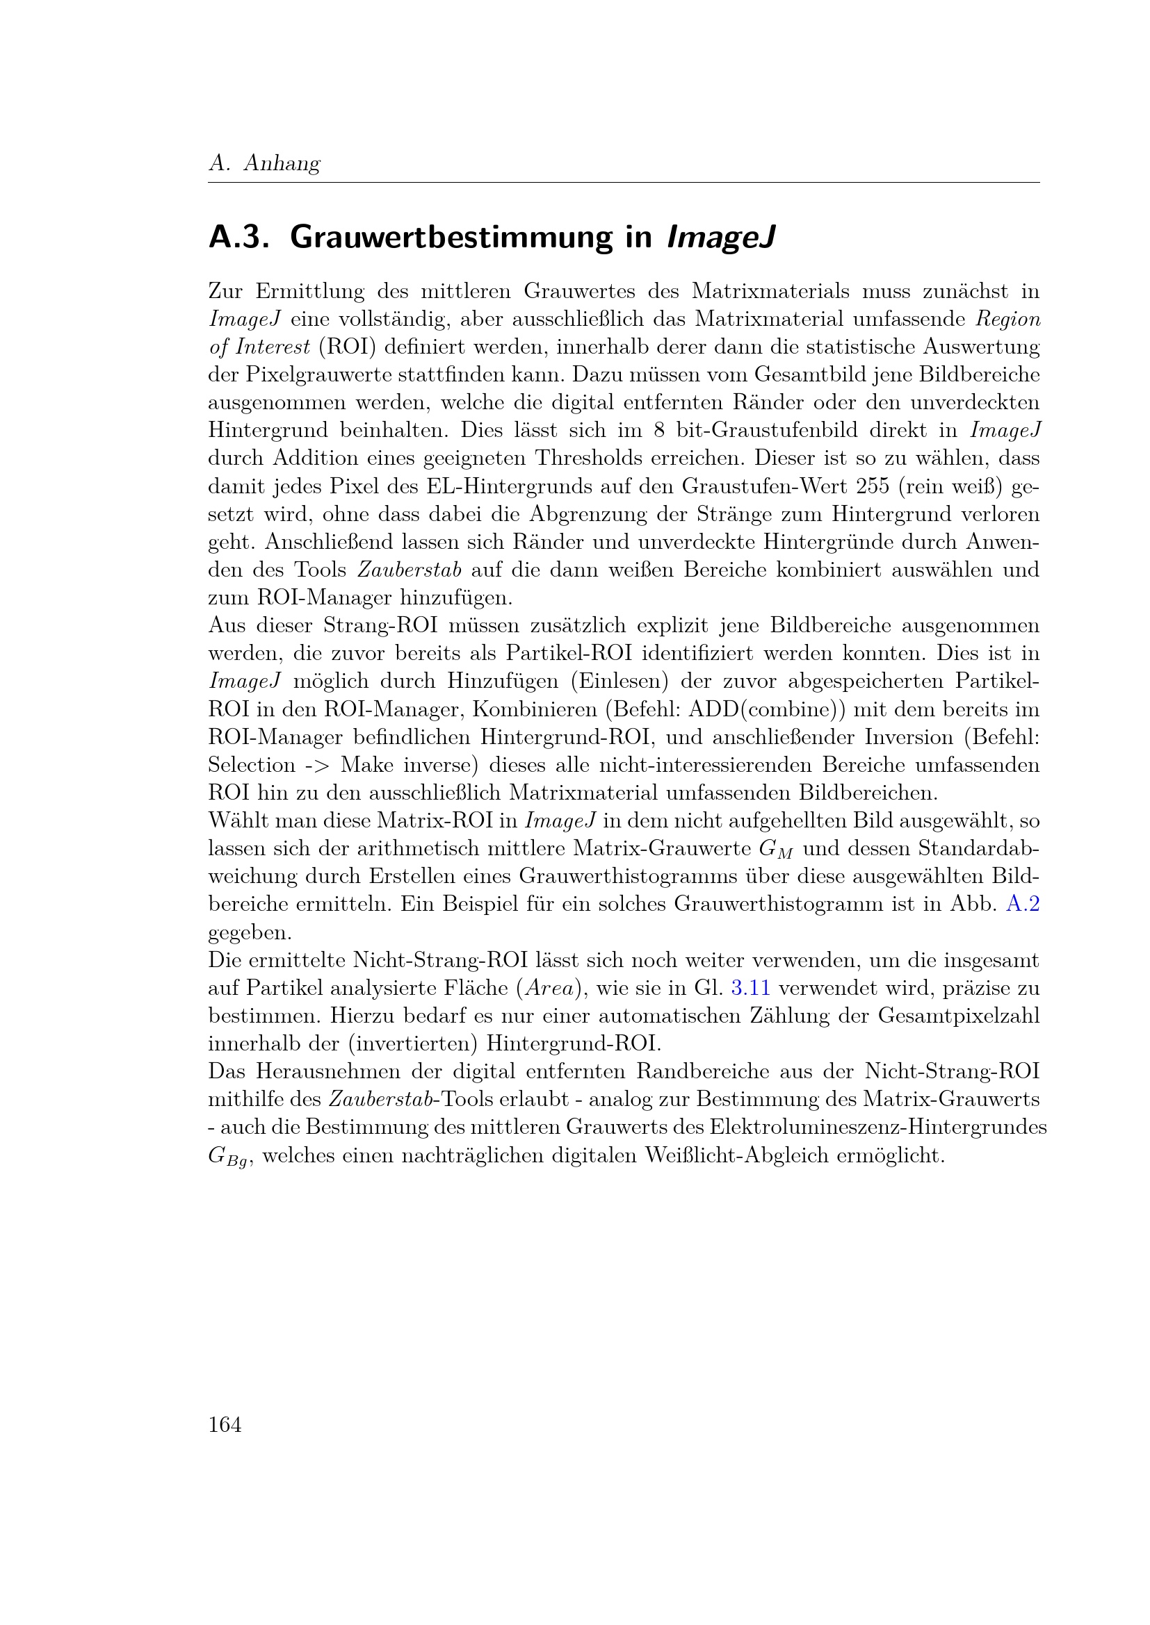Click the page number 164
coord(225,1424)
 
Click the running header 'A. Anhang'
coord(264,163)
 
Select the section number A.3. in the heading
coord(238,237)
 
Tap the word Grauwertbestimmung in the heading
coord(451,237)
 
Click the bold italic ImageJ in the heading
coord(721,237)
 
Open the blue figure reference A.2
coord(1023,905)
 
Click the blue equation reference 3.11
coord(750,988)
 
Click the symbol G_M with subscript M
coord(776,849)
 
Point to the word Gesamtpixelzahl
coord(959,1016)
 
